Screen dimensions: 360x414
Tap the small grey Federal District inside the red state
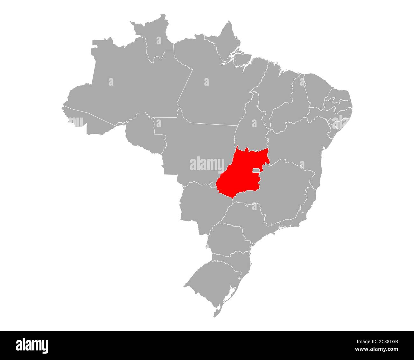pyautogui.click(x=256, y=171)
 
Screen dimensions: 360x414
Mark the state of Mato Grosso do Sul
pyautogui.click(x=201, y=207)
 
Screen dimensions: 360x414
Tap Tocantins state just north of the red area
pyautogui.click(x=253, y=127)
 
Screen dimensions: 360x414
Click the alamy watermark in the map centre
pyautogui.click(x=207, y=164)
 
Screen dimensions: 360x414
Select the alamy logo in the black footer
pyautogui.click(x=32, y=345)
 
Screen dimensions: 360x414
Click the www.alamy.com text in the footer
pyautogui.click(x=379, y=350)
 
